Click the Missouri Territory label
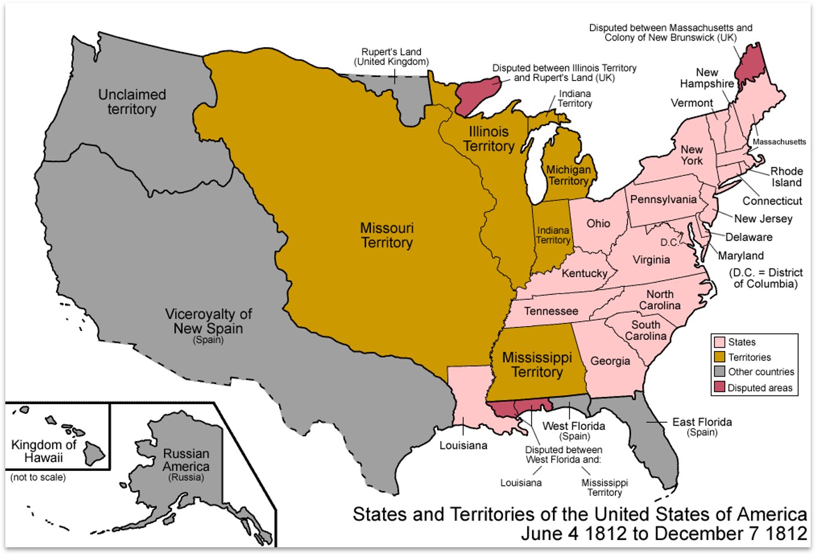click(387, 235)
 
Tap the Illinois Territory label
click(489, 139)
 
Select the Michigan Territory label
click(568, 175)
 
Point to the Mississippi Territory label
click(537, 365)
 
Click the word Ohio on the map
click(598, 224)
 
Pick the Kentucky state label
click(584, 274)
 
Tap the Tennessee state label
click(551, 311)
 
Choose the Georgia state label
click(610, 361)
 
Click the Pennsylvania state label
click(663, 200)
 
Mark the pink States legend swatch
click(719, 342)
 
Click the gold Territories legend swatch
click(719, 357)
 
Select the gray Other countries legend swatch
click(719, 372)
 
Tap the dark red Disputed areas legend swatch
click(719, 387)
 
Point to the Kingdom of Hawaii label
click(44, 451)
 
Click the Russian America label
click(186, 461)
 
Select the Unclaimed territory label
click(132, 102)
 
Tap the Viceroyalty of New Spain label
click(208, 322)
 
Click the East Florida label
click(702, 423)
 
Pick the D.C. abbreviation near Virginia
click(669, 243)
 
